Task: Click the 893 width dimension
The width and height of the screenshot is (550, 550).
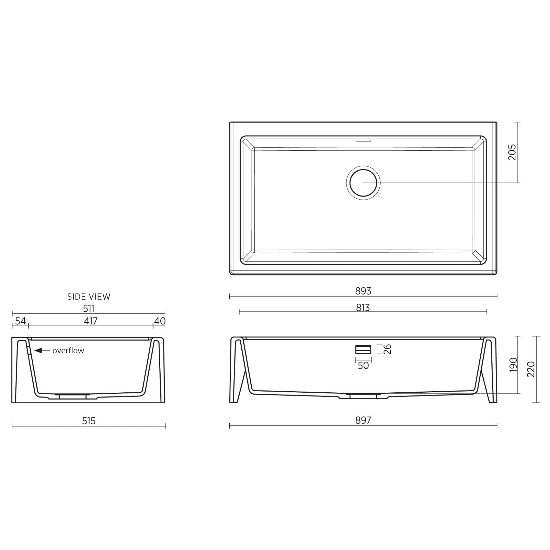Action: pyautogui.click(x=363, y=291)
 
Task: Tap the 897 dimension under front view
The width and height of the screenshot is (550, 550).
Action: pyautogui.click(x=363, y=420)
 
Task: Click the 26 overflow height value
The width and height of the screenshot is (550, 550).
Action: pyautogui.click(x=388, y=349)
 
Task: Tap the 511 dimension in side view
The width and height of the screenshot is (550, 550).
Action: pyautogui.click(x=89, y=309)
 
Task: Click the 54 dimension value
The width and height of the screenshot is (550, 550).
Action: pyautogui.click(x=20, y=321)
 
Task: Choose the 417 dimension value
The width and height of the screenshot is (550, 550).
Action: pyautogui.click(x=91, y=321)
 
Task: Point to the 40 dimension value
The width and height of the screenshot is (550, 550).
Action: pyautogui.click(x=160, y=321)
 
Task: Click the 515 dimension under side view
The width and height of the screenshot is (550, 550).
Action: pyautogui.click(x=89, y=421)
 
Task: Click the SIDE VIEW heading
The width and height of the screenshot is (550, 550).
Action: pyautogui.click(x=89, y=297)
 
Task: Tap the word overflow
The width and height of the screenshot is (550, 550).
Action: pyautogui.click(x=68, y=351)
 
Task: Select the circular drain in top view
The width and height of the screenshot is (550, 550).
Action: pyautogui.click(x=363, y=182)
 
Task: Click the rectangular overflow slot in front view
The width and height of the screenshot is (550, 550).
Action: pyautogui.click(x=363, y=349)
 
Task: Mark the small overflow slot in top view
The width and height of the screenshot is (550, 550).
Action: pyautogui.click(x=363, y=140)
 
